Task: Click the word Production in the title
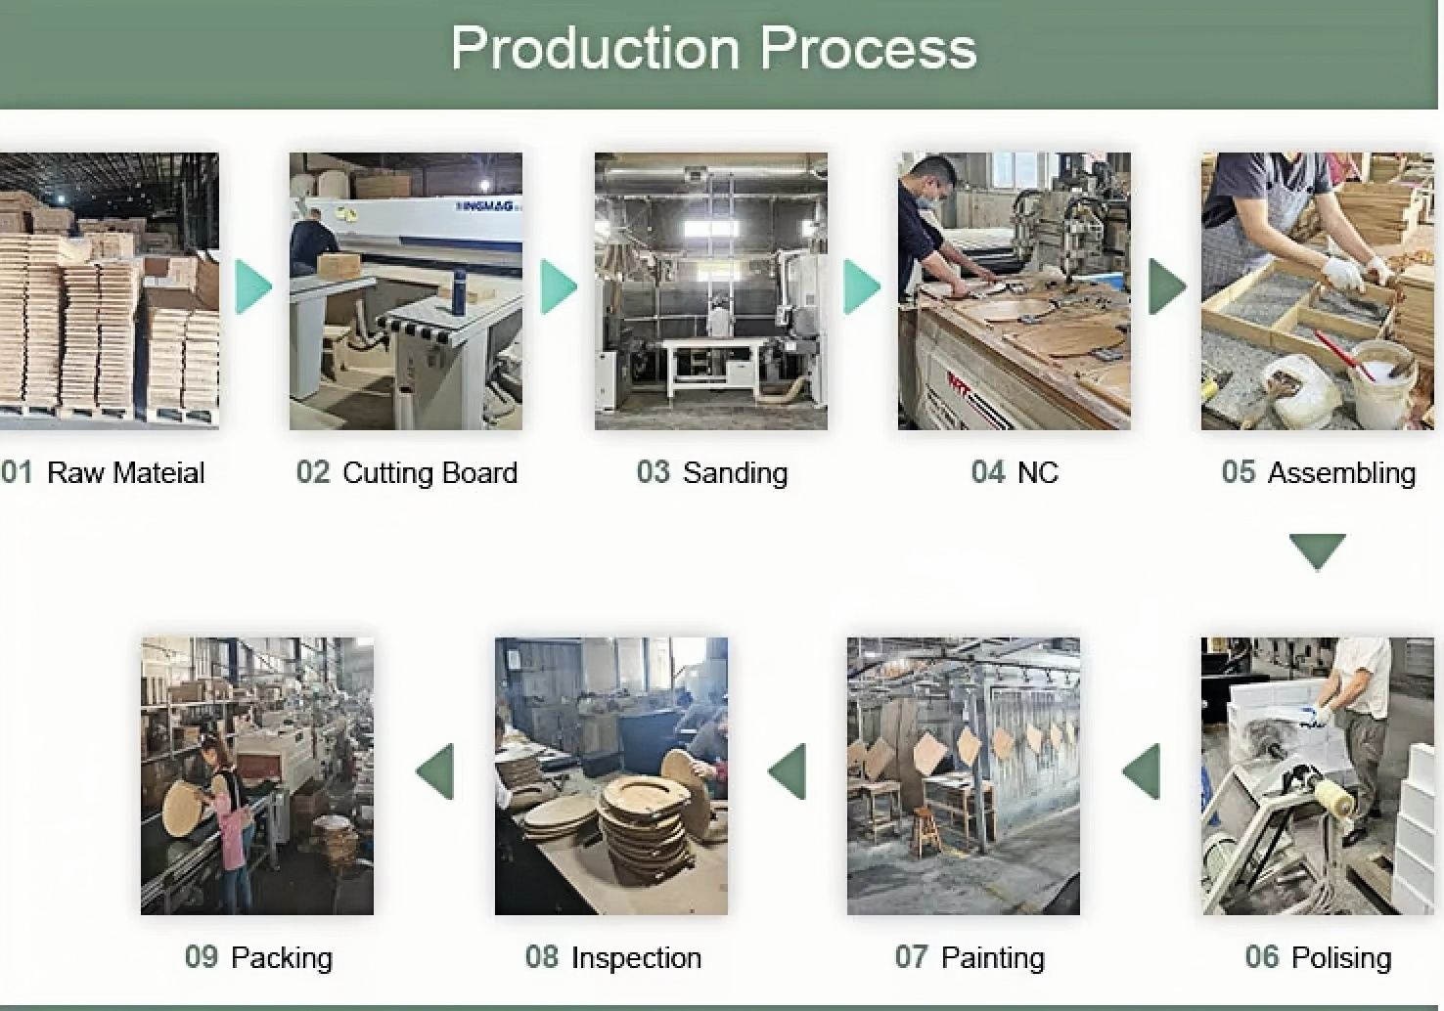[595, 48]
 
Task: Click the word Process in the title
[869, 48]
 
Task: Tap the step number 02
[313, 472]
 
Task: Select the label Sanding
[735, 473]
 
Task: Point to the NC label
[1038, 473]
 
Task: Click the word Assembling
[1341, 473]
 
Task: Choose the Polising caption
[1341, 958]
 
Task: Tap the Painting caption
[993, 958]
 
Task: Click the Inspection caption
[636, 958]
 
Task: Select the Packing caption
[282, 958]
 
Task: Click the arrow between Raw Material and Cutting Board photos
[253, 286]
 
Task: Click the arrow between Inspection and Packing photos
[434, 772]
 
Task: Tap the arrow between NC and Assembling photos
[1167, 286]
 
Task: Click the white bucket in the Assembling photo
[1382, 382]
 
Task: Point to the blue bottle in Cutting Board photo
[458, 293]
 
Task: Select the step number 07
[912, 957]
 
